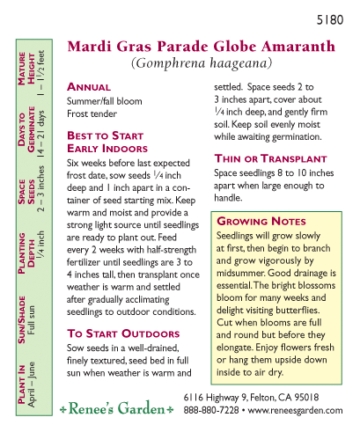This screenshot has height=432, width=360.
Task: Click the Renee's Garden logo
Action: click(116, 409)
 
